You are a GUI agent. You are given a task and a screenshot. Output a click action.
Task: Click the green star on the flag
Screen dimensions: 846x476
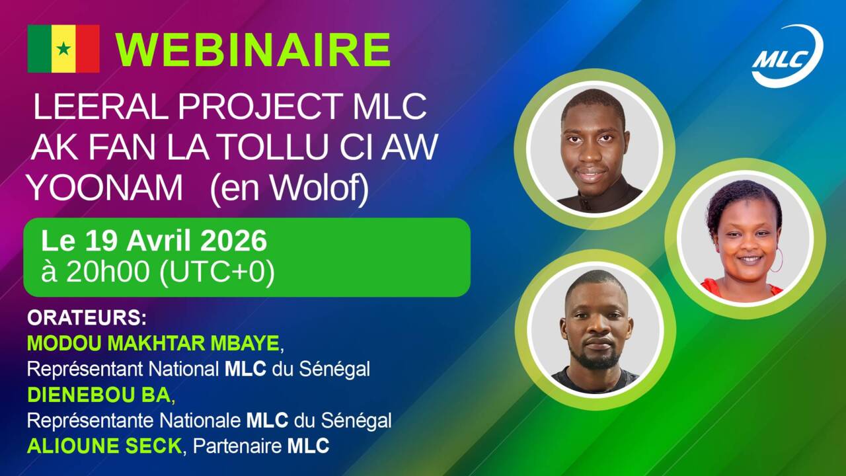pyautogui.click(x=63, y=48)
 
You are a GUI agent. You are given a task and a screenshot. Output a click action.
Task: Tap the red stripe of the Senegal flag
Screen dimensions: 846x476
pyautogui.click(x=88, y=48)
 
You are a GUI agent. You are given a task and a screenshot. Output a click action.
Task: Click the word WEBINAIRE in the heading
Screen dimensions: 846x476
pyautogui.click(x=252, y=50)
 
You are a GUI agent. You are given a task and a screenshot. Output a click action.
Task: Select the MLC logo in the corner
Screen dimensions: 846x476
pyautogui.click(x=787, y=56)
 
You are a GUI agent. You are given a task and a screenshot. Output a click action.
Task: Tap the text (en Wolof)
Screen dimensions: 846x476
pyautogui.click(x=289, y=189)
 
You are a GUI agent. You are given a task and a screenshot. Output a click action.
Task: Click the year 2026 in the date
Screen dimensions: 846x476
pyautogui.click(x=233, y=241)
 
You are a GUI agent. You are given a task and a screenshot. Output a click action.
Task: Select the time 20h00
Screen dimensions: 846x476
pyautogui.click(x=108, y=271)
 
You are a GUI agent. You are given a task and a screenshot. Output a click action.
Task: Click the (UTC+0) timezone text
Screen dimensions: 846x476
pyautogui.click(x=217, y=272)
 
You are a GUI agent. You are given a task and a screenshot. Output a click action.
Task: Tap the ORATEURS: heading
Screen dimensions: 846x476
pyautogui.click(x=87, y=318)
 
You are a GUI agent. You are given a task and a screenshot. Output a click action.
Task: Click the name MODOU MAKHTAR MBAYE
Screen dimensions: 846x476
pyautogui.click(x=153, y=343)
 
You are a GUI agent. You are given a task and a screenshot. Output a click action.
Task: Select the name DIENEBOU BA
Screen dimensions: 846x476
pyautogui.click(x=99, y=395)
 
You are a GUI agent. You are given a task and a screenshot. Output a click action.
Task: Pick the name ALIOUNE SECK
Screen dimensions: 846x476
pyautogui.click(x=104, y=446)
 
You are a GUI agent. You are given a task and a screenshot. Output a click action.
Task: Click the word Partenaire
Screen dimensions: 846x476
pyautogui.click(x=237, y=446)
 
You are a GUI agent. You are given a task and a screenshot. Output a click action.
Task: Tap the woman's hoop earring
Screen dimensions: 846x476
pyautogui.click(x=777, y=260)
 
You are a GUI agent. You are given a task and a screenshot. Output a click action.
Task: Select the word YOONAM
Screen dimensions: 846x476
pyautogui.click(x=104, y=188)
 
